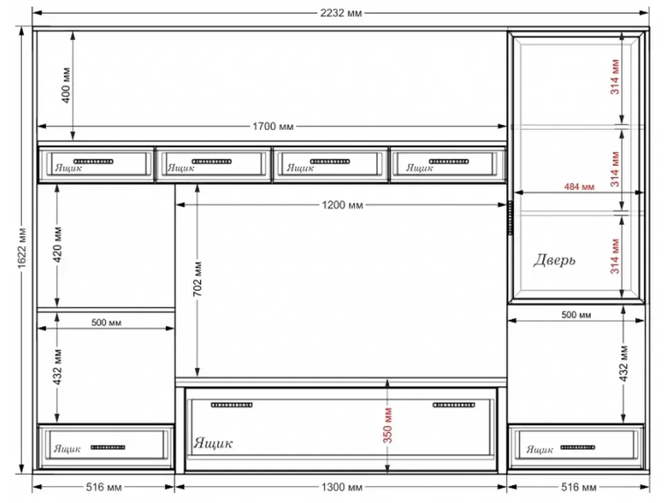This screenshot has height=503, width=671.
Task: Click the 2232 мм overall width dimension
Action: (340, 13)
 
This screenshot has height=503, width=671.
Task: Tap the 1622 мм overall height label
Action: (22, 249)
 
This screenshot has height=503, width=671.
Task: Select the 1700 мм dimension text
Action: (273, 126)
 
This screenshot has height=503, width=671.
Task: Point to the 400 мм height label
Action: (66, 85)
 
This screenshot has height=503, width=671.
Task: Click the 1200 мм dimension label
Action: (342, 205)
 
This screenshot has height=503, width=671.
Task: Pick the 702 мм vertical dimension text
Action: (197, 279)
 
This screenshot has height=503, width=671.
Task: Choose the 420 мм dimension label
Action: (58, 245)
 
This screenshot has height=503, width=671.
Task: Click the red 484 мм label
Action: (579, 187)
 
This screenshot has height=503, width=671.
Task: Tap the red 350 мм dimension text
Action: (387, 425)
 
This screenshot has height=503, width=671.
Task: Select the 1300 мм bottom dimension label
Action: (342, 486)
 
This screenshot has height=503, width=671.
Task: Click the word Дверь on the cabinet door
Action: (554, 260)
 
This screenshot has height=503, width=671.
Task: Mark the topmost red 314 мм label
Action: (615, 77)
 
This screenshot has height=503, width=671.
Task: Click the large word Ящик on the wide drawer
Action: (213, 443)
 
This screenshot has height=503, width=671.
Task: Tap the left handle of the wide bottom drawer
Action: (232, 405)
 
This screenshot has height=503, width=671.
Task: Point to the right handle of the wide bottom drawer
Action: (454, 405)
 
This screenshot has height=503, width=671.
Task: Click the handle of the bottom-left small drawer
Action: (108, 448)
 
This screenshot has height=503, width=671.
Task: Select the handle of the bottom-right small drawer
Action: (578, 448)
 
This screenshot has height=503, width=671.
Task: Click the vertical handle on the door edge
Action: (510, 218)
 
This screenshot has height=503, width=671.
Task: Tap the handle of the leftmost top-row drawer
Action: (93, 162)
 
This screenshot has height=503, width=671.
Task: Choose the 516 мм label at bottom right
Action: (578, 486)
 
